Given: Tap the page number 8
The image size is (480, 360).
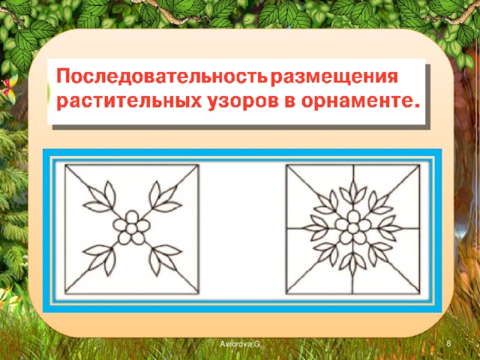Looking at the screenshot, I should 447,343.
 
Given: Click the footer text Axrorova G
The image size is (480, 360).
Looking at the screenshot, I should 239,343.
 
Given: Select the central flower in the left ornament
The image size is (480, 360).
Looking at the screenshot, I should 133,226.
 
